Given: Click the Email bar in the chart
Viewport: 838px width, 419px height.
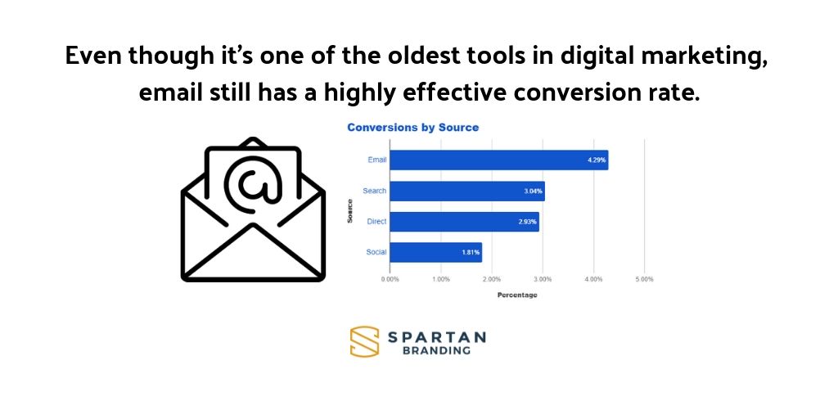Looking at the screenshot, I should pyautogui.click(x=498, y=160).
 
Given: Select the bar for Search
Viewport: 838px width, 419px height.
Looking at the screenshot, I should pyautogui.click(x=466, y=191).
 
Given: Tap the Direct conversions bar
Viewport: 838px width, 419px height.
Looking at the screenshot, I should pyautogui.click(x=464, y=221).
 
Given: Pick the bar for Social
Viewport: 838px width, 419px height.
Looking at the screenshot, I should pyautogui.click(x=435, y=252).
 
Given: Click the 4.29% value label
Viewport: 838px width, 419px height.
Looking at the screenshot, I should pyautogui.click(x=596, y=160).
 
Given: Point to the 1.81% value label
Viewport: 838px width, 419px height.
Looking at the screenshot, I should pyautogui.click(x=470, y=252).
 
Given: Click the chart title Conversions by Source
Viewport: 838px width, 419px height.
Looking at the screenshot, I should pyautogui.click(x=412, y=128).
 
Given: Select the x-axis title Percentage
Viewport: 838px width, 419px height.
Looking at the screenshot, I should pyautogui.click(x=517, y=295).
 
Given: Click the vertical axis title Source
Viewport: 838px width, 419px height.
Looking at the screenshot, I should pyautogui.click(x=350, y=207).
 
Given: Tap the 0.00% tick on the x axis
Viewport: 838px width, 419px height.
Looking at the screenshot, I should pyautogui.click(x=390, y=279).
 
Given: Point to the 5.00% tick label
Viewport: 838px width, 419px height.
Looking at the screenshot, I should pyautogui.click(x=644, y=279).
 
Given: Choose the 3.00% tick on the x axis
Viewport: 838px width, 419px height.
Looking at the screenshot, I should pyautogui.click(x=543, y=279).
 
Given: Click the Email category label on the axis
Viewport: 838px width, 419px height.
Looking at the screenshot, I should pyautogui.click(x=376, y=160).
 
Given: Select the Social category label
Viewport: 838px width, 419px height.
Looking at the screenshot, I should pyautogui.click(x=376, y=252).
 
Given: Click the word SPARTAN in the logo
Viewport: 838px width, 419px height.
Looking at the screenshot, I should pyautogui.click(x=436, y=336).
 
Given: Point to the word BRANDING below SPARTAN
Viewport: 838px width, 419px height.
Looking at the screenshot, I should pyautogui.click(x=436, y=350).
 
